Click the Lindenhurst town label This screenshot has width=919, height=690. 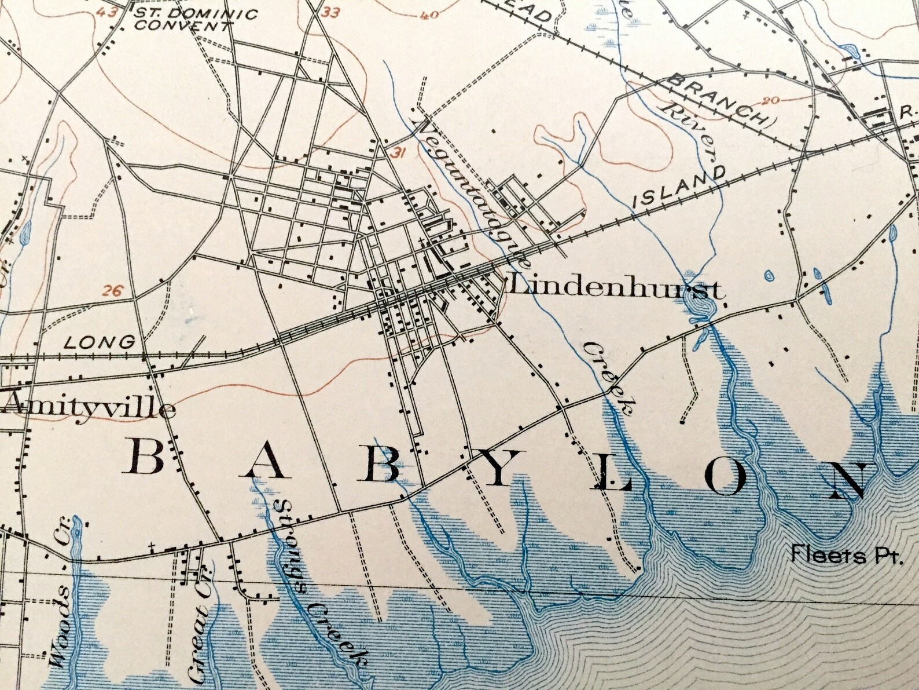(615, 288)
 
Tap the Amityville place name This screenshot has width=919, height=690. (88, 409)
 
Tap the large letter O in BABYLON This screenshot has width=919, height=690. (732, 477)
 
